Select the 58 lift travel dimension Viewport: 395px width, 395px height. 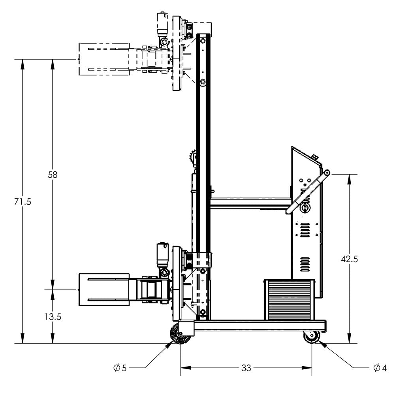click(53, 174)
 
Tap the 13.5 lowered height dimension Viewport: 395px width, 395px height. click(53, 316)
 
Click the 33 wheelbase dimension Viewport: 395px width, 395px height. click(246, 368)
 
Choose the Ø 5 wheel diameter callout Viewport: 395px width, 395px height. click(120, 368)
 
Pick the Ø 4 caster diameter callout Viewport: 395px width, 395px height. click(380, 368)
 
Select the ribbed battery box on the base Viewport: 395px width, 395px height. click(289, 299)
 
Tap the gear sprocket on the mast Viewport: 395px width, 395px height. click(194, 160)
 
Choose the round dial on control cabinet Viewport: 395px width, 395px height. click(305, 208)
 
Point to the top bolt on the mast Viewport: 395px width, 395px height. click(203, 41)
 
